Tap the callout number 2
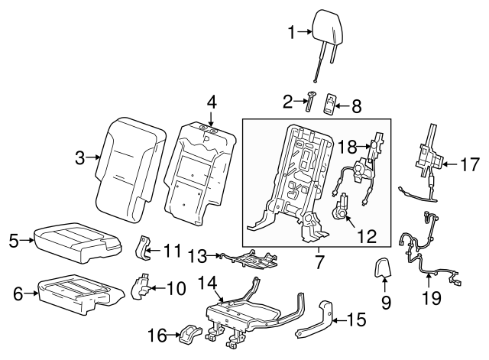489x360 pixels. click(289, 100)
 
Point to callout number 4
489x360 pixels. click(212, 100)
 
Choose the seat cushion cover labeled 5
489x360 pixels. click(76, 241)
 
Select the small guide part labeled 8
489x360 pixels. click(330, 103)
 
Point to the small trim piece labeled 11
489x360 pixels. click(142, 246)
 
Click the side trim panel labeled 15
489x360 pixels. click(315, 321)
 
